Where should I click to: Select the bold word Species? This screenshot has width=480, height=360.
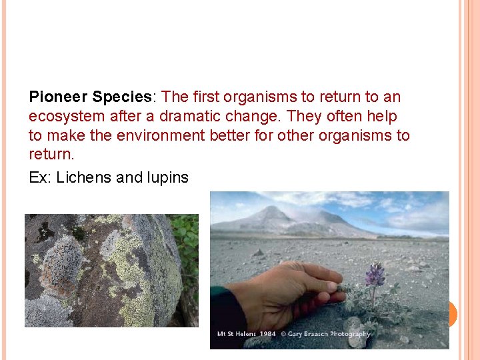(122, 97)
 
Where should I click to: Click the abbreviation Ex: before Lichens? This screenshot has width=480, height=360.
(41, 178)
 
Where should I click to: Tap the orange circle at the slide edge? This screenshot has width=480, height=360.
(451, 313)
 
